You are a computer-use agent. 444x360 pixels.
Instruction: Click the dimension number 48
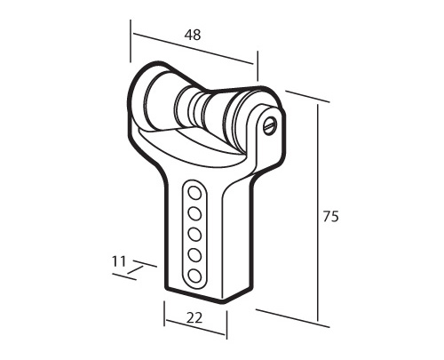click(193, 35)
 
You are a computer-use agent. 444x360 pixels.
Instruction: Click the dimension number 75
click(330, 216)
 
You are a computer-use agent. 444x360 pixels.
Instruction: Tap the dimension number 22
click(194, 318)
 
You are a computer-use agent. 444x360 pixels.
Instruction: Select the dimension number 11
click(119, 261)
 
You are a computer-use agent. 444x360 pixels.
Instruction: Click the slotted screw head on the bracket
click(270, 125)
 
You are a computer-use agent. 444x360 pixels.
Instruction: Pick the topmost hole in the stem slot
click(194, 193)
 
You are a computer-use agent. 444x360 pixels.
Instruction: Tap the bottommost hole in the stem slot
click(194, 276)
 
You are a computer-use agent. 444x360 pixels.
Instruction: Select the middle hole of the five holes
click(194, 235)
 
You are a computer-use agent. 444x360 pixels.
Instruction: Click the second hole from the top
click(194, 213)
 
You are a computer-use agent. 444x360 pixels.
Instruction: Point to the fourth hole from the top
click(194, 255)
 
